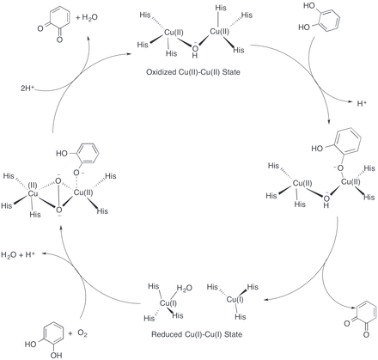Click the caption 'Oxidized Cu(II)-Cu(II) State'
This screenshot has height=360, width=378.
(x=193, y=72)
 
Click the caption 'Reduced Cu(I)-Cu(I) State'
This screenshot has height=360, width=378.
(x=197, y=334)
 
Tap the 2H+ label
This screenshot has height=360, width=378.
(x=27, y=88)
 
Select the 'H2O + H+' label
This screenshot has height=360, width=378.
(x=18, y=254)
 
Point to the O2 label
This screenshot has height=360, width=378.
(x=82, y=333)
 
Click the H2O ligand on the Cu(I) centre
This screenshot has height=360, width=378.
(x=185, y=288)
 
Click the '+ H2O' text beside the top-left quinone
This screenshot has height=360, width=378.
(x=87, y=17)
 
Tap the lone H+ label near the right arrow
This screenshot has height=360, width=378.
(x=362, y=103)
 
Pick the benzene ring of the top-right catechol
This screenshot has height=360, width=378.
(x=329, y=20)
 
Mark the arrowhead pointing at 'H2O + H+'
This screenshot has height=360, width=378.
(x=45, y=253)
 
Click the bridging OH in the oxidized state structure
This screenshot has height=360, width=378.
(x=195, y=50)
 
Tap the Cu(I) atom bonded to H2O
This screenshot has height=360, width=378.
(x=168, y=303)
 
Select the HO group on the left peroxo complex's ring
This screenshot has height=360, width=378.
(x=62, y=154)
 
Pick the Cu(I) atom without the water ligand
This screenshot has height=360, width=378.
(x=235, y=300)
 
